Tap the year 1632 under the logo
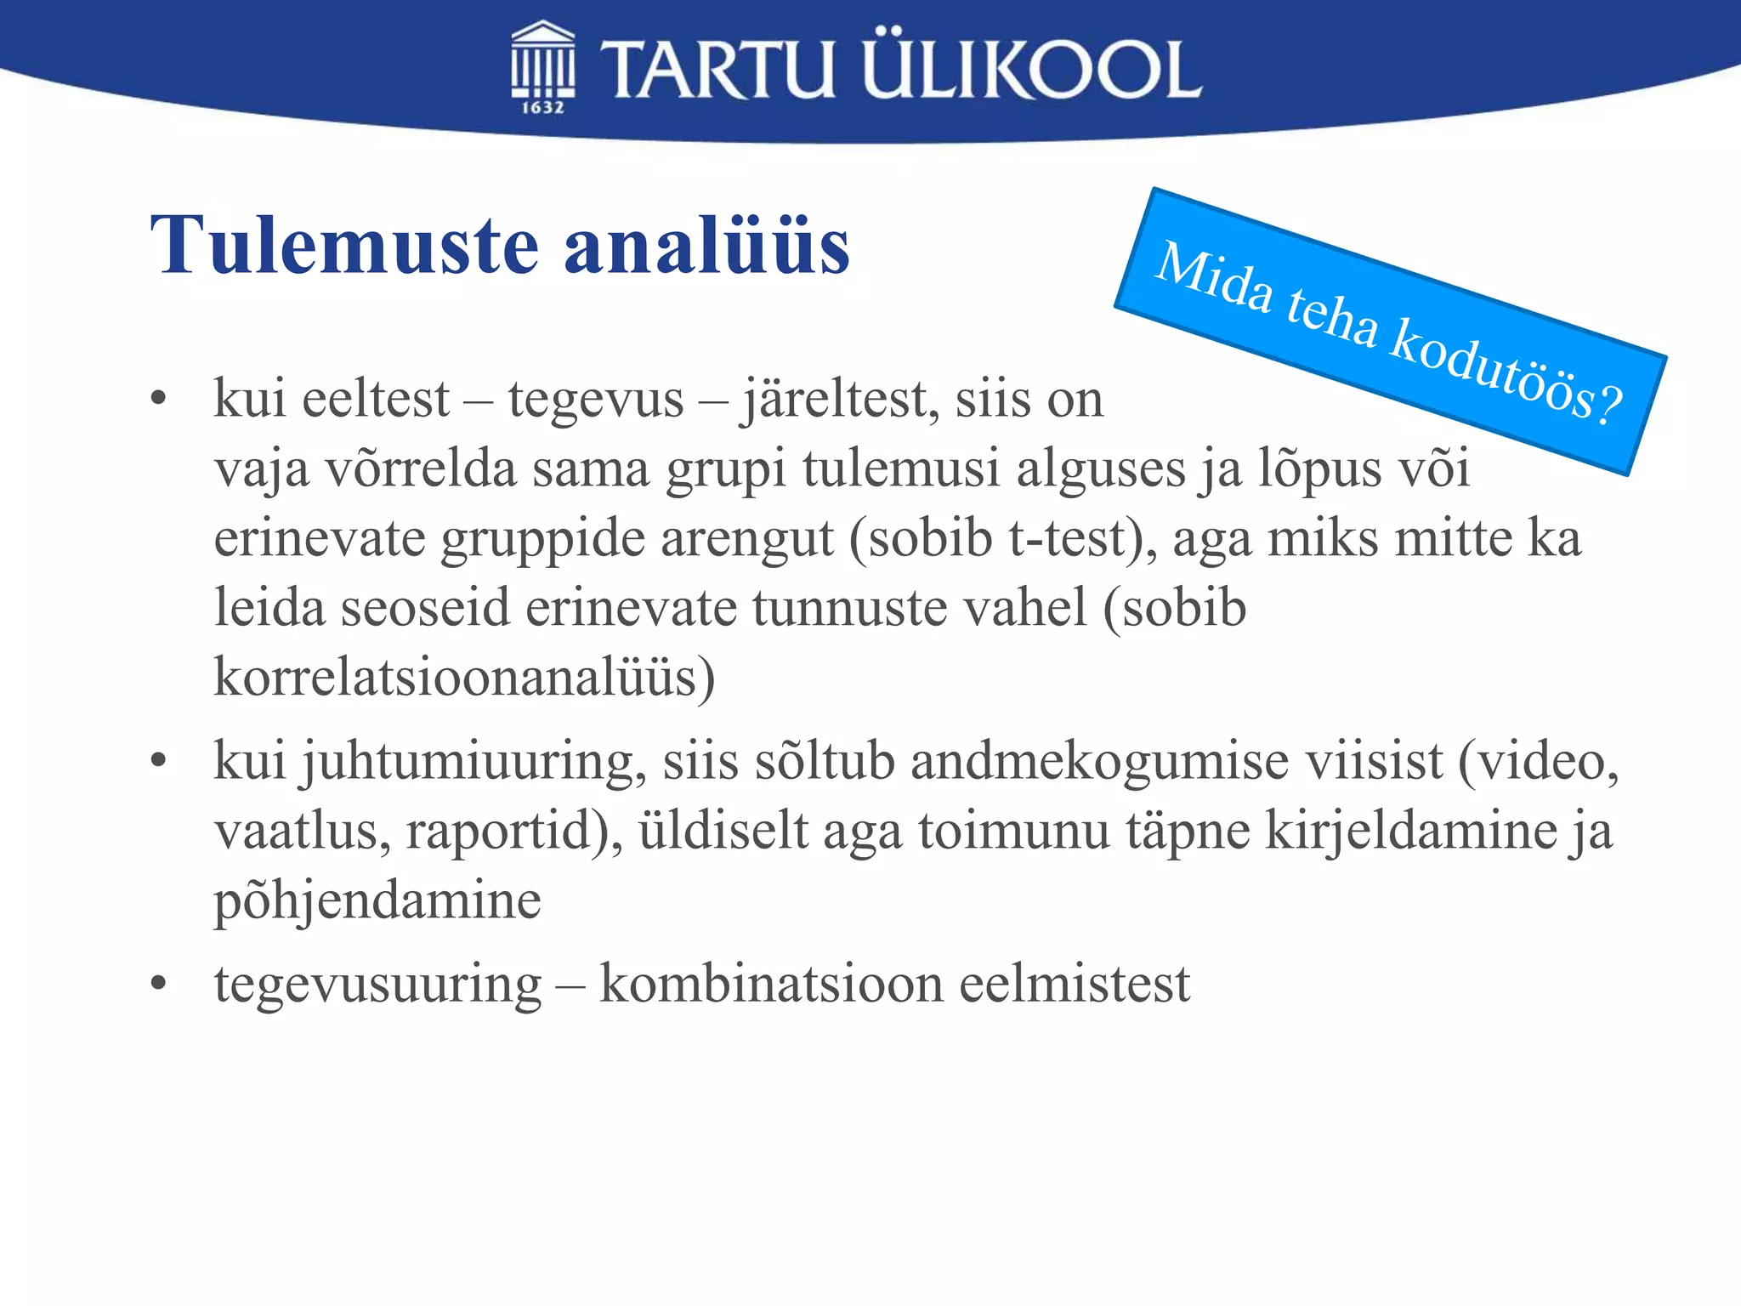point(542,107)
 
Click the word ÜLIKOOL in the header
point(1032,68)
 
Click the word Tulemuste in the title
point(344,246)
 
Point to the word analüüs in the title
point(706,246)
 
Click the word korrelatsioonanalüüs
point(464,678)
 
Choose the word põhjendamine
point(377,901)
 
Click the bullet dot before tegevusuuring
point(158,984)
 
